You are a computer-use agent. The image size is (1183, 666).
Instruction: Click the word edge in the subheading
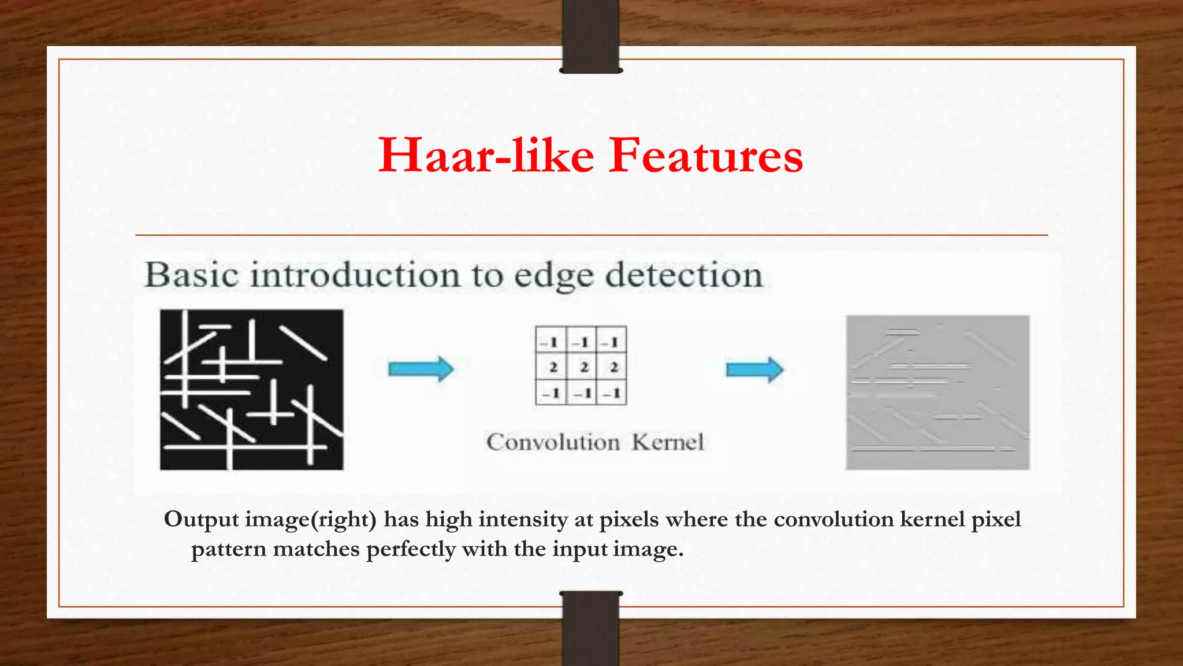pos(553,276)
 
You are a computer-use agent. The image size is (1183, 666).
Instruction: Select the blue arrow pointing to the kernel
pos(421,369)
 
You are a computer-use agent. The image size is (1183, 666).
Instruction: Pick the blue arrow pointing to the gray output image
pos(754,369)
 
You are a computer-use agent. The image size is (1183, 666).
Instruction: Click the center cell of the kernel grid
pos(582,367)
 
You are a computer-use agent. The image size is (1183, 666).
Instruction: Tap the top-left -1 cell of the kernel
pos(551,341)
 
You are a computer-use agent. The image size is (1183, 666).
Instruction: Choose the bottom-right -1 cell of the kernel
pos(612,393)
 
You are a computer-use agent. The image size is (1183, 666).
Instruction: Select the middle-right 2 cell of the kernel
pos(612,367)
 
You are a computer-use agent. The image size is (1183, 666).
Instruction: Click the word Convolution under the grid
pos(553,442)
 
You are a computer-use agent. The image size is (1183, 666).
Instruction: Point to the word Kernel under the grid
pos(668,442)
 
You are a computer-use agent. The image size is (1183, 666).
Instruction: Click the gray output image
pos(938,392)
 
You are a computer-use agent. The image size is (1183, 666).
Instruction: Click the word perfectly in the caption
pos(411,548)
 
